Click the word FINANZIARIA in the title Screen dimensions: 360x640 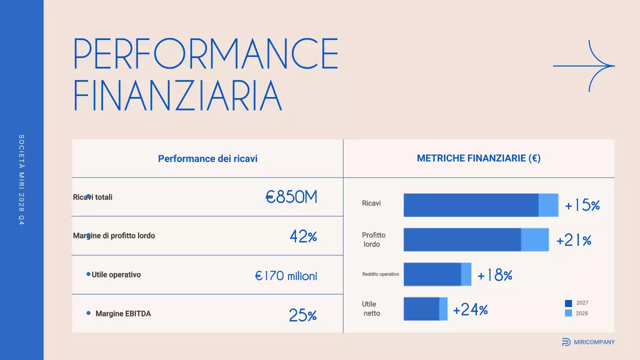[x=178, y=95]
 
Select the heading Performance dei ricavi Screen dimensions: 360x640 [x=207, y=159]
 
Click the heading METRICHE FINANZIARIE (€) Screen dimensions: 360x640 [x=478, y=158]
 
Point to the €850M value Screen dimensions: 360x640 [x=291, y=197]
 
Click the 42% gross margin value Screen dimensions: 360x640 [x=303, y=236]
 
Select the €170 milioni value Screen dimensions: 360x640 [x=286, y=275]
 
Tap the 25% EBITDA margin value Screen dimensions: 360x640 [x=302, y=315]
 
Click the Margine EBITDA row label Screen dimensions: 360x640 [x=123, y=314]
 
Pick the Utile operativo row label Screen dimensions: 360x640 [x=116, y=274]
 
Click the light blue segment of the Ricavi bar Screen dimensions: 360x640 [x=548, y=205]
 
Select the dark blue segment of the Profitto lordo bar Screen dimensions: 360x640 [x=462, y=239]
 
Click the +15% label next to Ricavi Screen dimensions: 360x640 [x=582, y=205]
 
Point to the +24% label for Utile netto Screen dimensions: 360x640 [x=470, y=310]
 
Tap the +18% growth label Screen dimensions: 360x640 [x=494, y=275]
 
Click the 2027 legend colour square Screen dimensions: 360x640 [x=568, y=303]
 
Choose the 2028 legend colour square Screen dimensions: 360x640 [x=568, y=313]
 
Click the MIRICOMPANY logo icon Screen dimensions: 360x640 [x=566, y=342]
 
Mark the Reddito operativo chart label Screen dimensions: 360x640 [x=380, y=274]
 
